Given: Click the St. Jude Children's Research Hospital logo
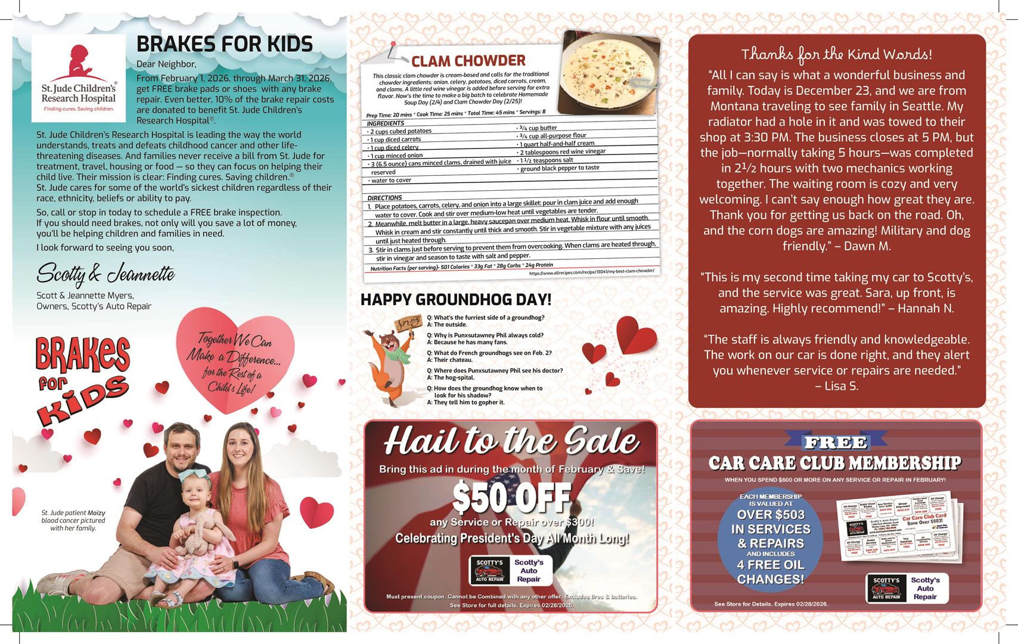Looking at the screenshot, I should [78, 73].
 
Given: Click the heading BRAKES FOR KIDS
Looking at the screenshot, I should [224, 44].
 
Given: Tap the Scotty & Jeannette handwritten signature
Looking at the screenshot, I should [105, 274].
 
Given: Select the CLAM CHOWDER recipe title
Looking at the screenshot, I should [468, 61].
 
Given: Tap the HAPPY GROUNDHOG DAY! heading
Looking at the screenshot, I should [456, 299].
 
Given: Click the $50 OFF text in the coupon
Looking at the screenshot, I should [511, 498].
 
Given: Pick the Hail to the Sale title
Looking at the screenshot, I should [511, 442].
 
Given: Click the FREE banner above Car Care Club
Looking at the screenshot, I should [835, 442].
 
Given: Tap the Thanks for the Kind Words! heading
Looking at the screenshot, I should [836, 55].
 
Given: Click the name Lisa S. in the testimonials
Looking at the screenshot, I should [837, 386].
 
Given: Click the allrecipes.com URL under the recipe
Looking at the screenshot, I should [591, 271].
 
